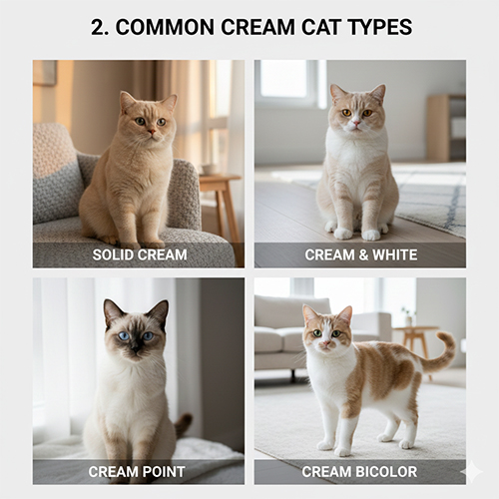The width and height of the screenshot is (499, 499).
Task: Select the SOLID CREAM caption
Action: click(140, 255)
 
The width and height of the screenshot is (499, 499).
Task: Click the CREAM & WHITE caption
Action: click(361, 255)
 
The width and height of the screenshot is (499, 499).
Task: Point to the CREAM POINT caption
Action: click(137, 472)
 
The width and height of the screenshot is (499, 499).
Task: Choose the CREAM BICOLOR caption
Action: click(359, 472)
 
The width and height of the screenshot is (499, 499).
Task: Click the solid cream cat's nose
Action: click(152, 132)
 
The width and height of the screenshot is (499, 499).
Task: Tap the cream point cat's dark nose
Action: click(136, 348)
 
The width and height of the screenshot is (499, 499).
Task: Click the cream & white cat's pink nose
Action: click(356, 124)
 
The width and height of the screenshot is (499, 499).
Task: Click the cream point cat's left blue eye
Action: click(124, 336)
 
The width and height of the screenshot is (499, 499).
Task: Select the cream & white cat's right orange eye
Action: click(367, 113)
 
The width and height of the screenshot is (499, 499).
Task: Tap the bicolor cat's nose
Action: click(326, 343)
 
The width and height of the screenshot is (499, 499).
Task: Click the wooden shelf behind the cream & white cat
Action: click(446, 128)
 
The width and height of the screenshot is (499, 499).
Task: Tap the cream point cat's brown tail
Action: click(183, 425)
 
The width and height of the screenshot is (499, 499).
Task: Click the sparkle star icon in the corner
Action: click(471, 471)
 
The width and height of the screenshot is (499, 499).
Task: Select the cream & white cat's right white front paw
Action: click(371, 236)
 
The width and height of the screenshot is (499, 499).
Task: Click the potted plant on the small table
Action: click(408, 316)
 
